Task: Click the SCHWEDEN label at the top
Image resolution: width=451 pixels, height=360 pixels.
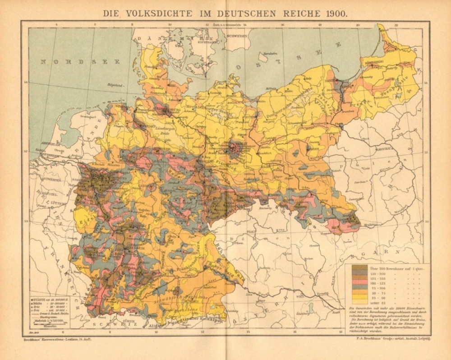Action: pyautogui.click(x=239, y=36)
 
